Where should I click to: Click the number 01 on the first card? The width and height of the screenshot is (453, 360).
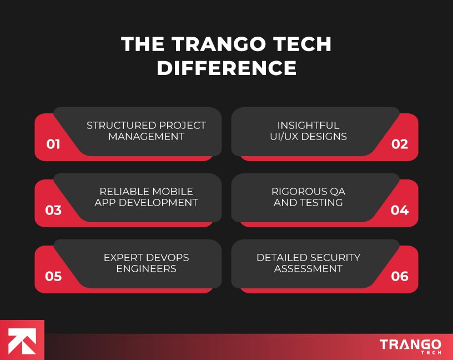click(x=53, y=144)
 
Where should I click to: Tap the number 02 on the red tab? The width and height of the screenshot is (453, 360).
click(x=400, y=144)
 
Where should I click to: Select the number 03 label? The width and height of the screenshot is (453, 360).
click(x=53, y=211)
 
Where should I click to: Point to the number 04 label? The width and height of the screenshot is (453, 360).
click(x=400, y=211)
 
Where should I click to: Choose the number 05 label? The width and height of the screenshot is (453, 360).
click(x=53, y=276)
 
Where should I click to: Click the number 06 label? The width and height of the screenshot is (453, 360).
click(x=400, y=276)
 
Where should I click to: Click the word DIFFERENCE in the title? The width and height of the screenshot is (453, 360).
click(x=226, y=68)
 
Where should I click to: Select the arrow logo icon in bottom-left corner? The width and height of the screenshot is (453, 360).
click(x=22, y=340)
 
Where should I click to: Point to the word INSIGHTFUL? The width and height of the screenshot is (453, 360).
click(x=308, y=126)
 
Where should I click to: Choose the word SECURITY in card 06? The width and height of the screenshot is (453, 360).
click(x=334, y=258)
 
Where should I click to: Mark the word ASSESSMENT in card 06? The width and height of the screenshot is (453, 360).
click(x=308, y=269)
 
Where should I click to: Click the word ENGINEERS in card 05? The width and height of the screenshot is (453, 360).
click(x=147, y=269)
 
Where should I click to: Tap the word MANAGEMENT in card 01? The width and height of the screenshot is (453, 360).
click(x=147, y=137)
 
